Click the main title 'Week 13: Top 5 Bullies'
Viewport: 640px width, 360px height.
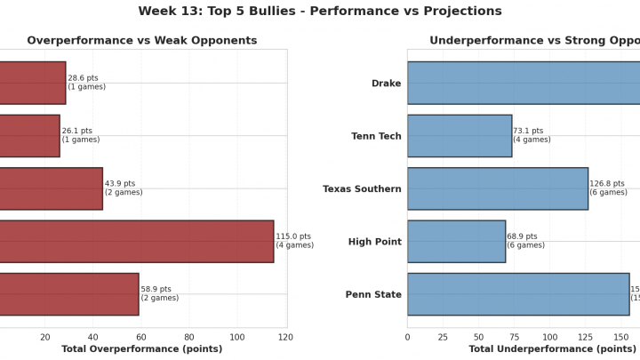click(320, 12)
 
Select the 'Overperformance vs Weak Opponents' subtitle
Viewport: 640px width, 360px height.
click(142, 41)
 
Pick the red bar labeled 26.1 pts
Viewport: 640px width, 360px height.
click(29, 135)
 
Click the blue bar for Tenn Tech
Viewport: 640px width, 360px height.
click(460, 136)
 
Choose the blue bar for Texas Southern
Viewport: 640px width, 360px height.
click(498, 188)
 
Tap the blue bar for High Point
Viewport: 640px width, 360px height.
click(456, 241)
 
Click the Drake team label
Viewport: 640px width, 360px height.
click(386, 84)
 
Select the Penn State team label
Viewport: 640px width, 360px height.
click(373, 294)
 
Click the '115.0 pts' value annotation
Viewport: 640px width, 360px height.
click(294, 236)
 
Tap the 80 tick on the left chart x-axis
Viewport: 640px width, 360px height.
click(189, 337)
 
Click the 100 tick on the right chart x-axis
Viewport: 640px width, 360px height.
click(550, 337)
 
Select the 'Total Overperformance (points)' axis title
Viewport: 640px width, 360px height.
click(142, 349)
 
